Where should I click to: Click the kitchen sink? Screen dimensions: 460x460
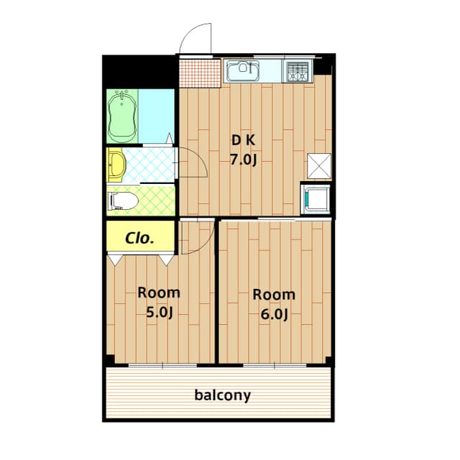point(243,70)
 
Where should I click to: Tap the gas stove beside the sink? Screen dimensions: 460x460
point(297,70)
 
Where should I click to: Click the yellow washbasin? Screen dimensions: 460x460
point(116,165)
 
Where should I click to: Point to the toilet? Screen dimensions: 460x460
point(121,201)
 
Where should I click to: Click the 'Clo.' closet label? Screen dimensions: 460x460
point(139,238)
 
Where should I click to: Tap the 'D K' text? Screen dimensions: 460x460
point(242,140)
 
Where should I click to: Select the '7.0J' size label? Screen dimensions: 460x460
point(243,160)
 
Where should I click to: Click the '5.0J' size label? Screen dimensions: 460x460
point(159,312)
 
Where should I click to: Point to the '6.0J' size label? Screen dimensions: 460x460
point(274,313)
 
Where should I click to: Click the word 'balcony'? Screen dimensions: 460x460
point(222,395)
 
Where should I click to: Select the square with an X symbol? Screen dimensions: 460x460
point(318,166)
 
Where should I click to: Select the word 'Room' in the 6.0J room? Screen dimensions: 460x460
point(273,295)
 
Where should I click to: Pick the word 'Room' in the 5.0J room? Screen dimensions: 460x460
point(159,293)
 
